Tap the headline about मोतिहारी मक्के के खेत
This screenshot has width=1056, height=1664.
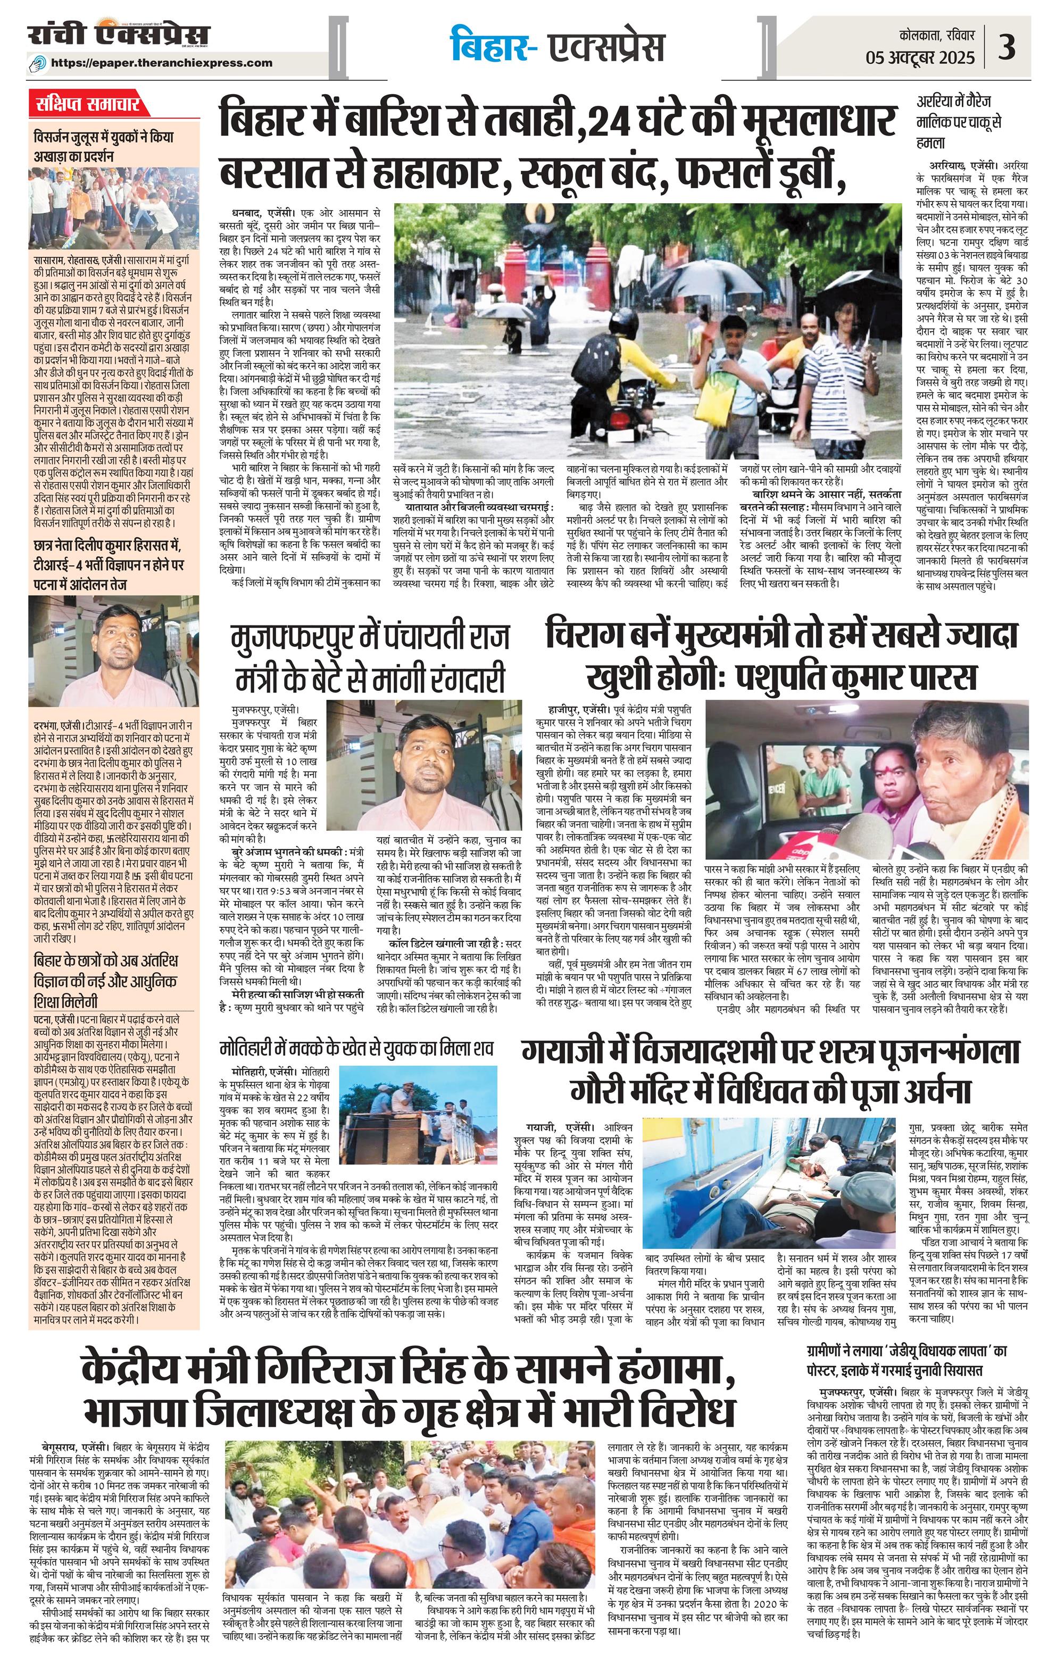357,1048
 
